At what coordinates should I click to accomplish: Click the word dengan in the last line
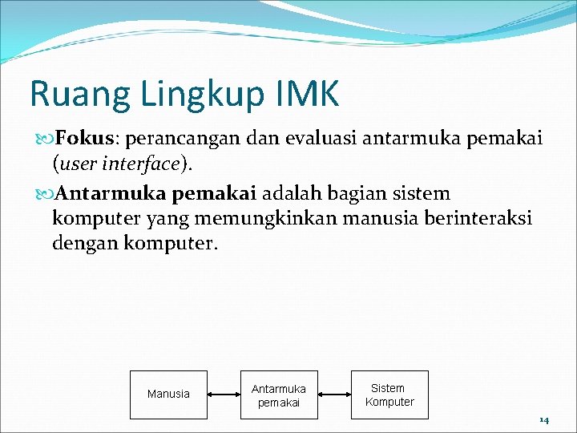click(x=86, y=243)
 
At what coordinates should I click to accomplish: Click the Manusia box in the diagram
click(x=168, y=395)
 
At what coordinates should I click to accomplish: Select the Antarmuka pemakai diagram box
click(x=278, y=395)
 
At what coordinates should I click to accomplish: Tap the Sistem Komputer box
click(x=389, y=395)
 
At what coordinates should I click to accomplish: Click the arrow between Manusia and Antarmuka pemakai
click(x=224, y=395)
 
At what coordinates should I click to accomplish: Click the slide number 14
click(x=543, y=419)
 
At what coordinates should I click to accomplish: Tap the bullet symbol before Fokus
click(x=45, y=140)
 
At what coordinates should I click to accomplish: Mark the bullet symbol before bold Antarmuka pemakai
click(x=45, y=194)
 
